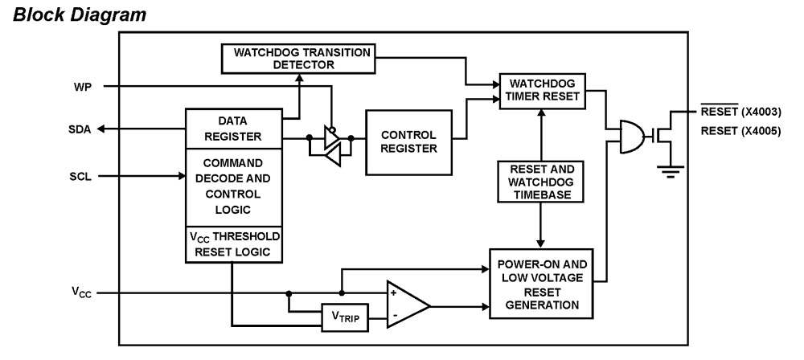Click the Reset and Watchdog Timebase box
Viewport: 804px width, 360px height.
click(x=539, y=183)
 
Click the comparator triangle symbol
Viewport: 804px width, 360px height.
click(x=406, y=305)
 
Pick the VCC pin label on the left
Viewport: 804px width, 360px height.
click(x=80, y=293)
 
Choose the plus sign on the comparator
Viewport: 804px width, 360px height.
click(x=393, y=294)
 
